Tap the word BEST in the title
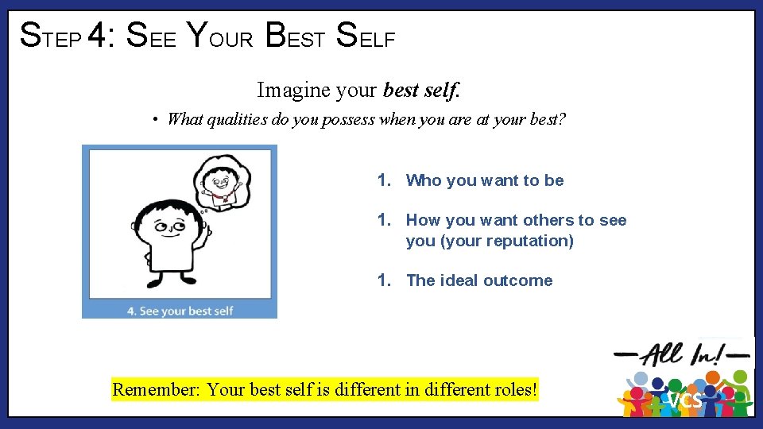[296, 36]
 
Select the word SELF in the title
[366, 36]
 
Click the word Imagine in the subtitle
[293, 91]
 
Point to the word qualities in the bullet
[235, 120]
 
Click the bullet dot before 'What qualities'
[157, 120]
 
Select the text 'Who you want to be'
[485, 180]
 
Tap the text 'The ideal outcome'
[479, 280]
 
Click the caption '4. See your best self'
[180, 310]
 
